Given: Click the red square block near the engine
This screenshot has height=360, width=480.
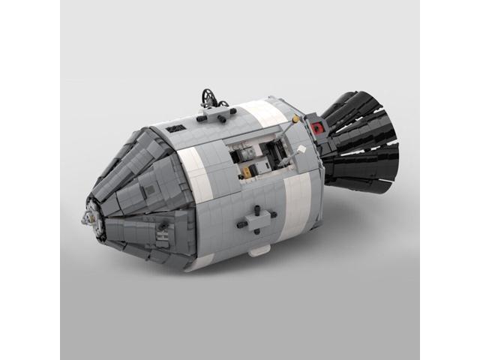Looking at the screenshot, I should pos(317,128).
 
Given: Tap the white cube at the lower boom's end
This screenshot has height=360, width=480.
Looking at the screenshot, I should pos(301,149).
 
